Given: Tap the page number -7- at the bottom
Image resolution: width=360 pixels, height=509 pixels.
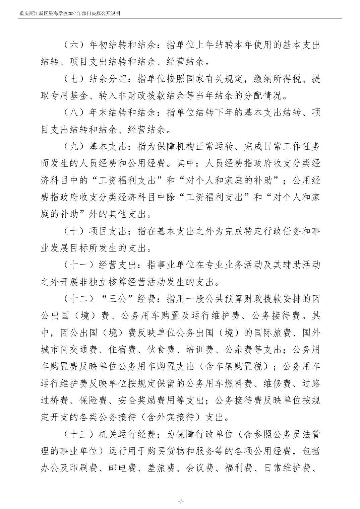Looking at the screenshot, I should tap(180, 501).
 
